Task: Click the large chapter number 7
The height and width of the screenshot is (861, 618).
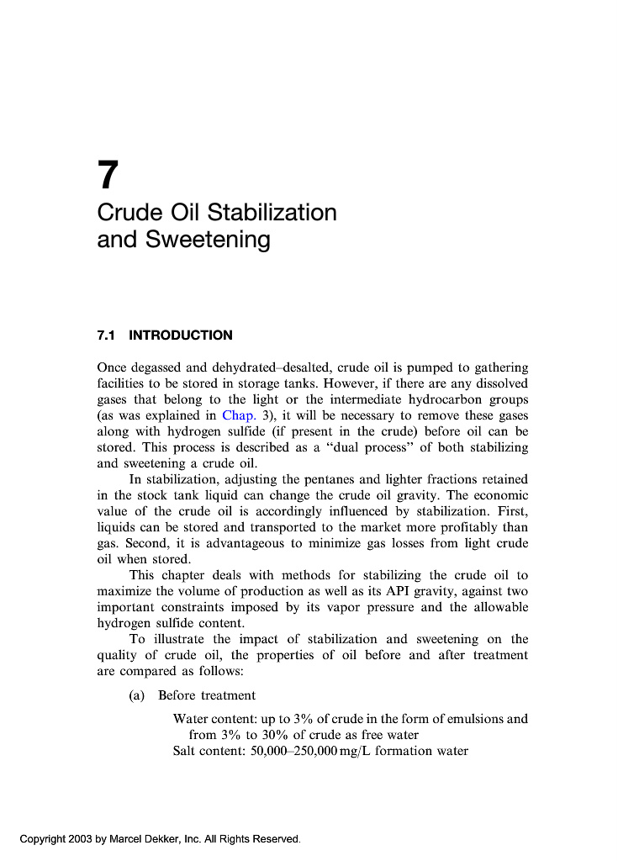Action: pos(108,176)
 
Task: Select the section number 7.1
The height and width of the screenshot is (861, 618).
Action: pos(106,335)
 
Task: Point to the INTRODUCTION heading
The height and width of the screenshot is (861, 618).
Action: pos(181,335)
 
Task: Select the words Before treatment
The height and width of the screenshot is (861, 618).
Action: pos(207,695)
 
